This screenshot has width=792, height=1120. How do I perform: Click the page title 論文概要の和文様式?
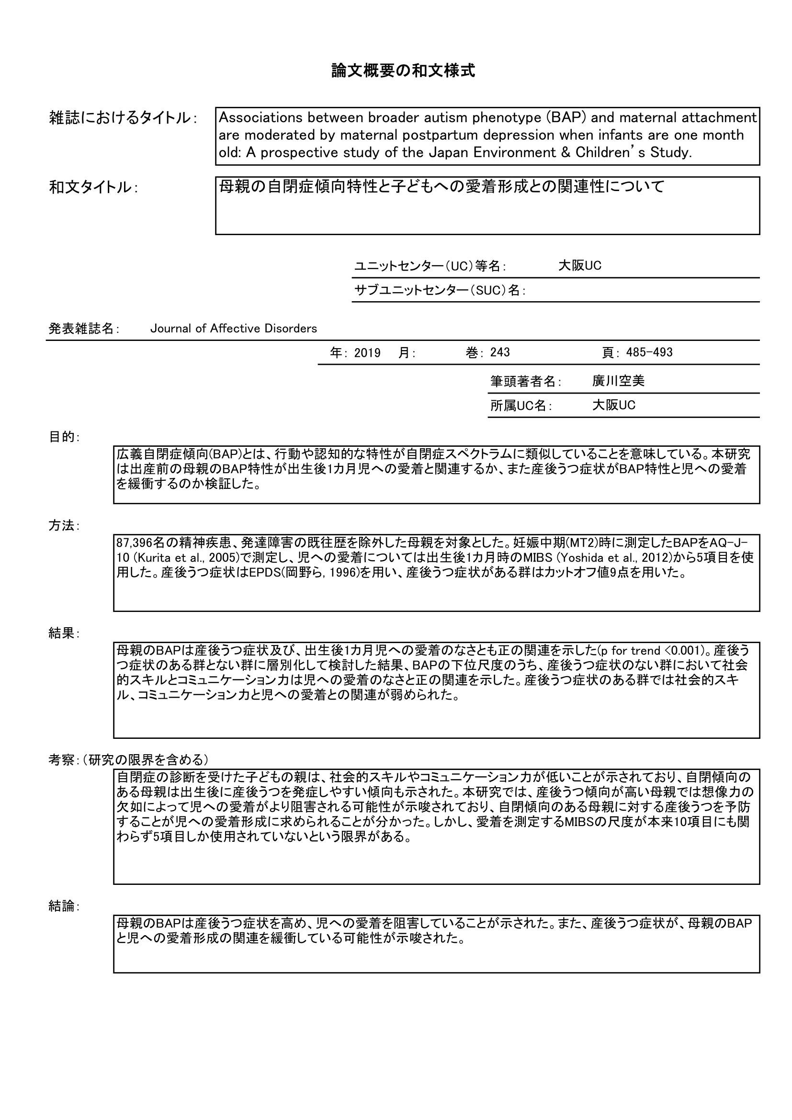click(403, 71)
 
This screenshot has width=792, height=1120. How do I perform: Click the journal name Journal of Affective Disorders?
click(234, 329)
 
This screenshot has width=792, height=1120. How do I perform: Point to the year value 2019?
click(367, 353)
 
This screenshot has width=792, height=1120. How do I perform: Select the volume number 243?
click(500, 353)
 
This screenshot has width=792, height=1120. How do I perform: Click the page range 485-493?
click(649, 353)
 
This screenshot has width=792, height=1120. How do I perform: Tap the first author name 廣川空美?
click(618, 382)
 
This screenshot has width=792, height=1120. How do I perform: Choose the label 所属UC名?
click(520, 406)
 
